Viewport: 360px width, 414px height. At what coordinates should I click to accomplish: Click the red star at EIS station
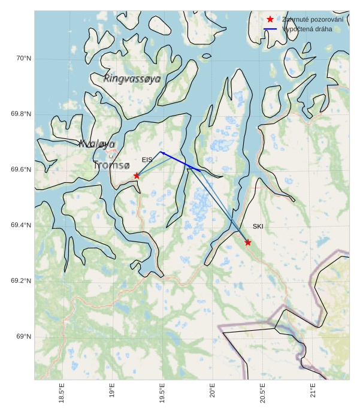point(137,176)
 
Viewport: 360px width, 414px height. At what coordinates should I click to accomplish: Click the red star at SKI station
point(248,242)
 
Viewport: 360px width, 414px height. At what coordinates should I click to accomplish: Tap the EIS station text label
point(147,160)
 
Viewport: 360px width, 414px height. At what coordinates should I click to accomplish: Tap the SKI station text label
point(258,226)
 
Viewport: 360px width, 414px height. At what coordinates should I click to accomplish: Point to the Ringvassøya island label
point(132,78)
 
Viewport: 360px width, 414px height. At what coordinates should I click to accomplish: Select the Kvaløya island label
point(97,144)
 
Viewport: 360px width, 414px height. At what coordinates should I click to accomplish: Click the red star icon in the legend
point(270,20)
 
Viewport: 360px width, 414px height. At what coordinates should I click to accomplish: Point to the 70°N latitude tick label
point(23,58)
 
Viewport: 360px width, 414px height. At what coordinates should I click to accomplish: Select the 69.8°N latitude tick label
point(21,114)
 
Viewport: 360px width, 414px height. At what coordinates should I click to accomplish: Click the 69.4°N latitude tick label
point(21,225)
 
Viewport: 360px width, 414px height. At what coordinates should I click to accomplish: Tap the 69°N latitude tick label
point(23,337)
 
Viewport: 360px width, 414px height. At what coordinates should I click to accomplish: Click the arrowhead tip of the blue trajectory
point(159,152)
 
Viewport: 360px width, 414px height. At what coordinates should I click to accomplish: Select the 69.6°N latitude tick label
point(21,170)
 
